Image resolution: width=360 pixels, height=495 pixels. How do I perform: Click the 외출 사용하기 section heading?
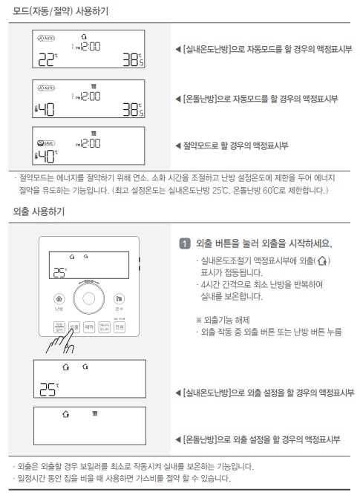pos(39,212)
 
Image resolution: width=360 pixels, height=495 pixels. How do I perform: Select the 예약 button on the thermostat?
pos(88,326)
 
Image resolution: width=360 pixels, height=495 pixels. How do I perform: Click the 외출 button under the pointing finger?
pos(73,326)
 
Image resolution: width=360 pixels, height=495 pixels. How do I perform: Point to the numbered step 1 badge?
pos(183,244)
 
